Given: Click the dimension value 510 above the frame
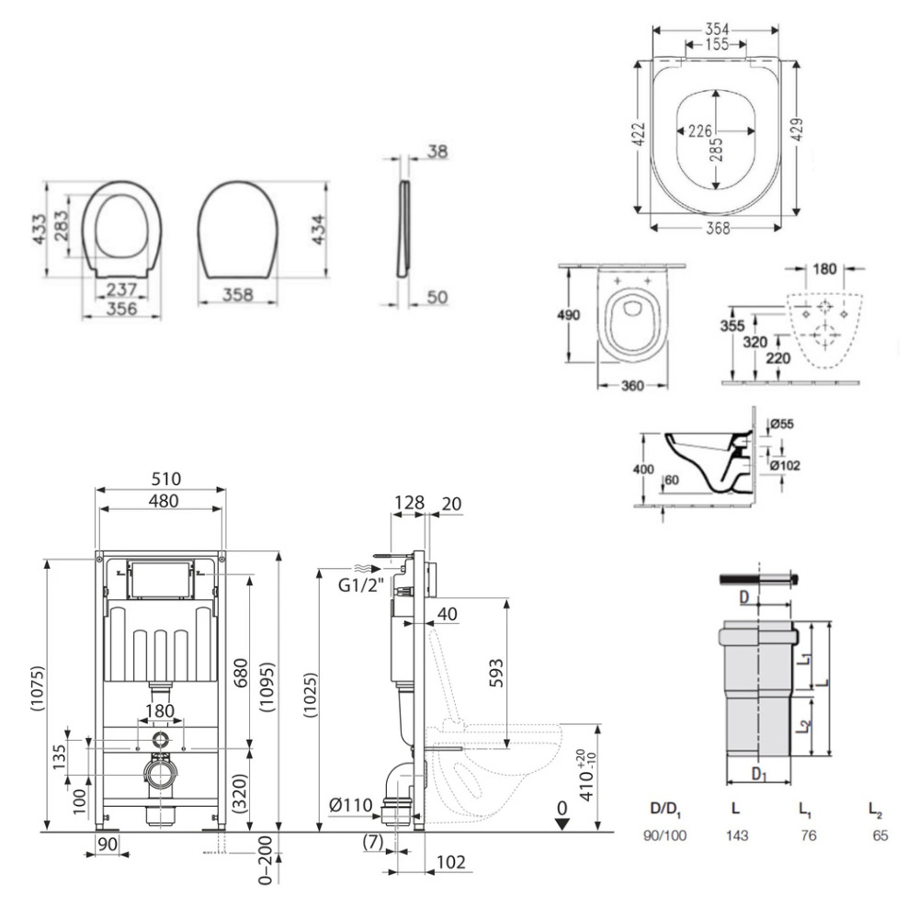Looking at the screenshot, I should coord(161,479).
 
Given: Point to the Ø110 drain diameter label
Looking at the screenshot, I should coord(351,807).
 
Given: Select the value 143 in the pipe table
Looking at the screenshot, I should coord(736,836).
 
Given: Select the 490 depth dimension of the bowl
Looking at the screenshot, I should coord(573,314).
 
